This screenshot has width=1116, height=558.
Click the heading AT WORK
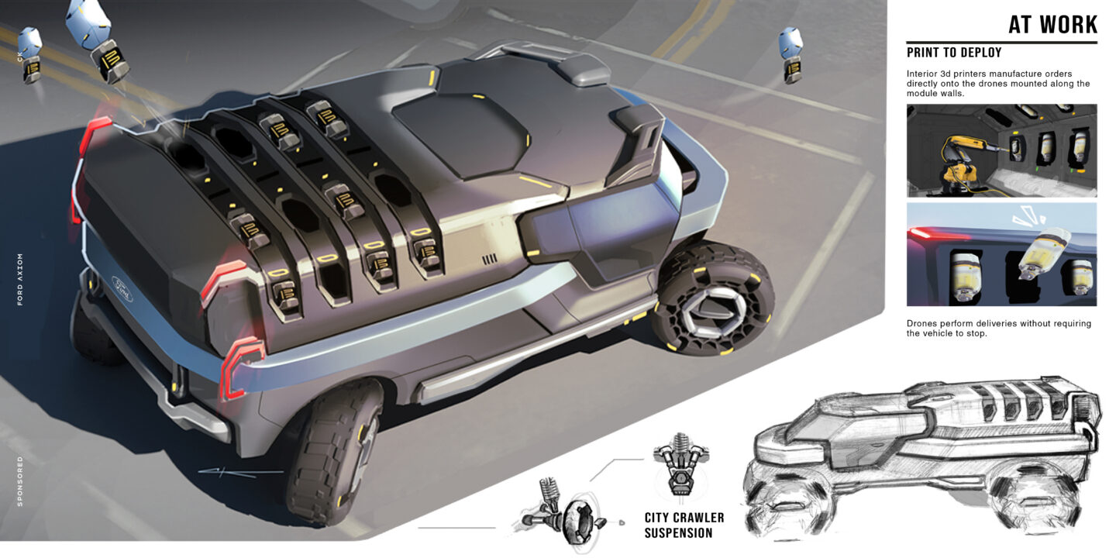click(1052, 25)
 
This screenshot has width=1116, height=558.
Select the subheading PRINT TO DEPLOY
click(953, 53)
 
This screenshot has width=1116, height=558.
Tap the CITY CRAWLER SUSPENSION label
click(684, 525)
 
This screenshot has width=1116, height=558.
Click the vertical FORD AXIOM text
click(20, 279)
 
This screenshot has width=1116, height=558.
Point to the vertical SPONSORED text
click(20, 481)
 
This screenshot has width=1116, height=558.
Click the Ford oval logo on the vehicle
click(122, 290)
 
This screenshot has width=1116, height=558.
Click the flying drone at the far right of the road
click(790, 55)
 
